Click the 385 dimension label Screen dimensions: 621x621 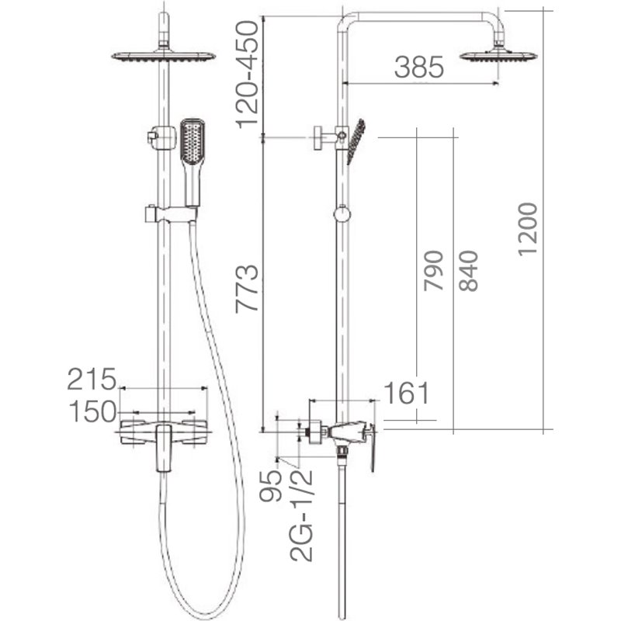pos(419,67)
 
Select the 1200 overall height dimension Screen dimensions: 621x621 pos(528,229)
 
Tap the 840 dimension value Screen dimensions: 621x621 pos(468,271)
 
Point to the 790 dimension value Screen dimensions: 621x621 pos(433,271)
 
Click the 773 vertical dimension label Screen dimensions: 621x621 pos(247,288)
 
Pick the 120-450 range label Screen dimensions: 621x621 pos(247,75)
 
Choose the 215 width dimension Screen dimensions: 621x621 pos(92,379)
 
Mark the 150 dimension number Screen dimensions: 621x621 pos(92,411)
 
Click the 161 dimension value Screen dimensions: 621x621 pos(407,394)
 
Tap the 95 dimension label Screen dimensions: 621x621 pos(270,486)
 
